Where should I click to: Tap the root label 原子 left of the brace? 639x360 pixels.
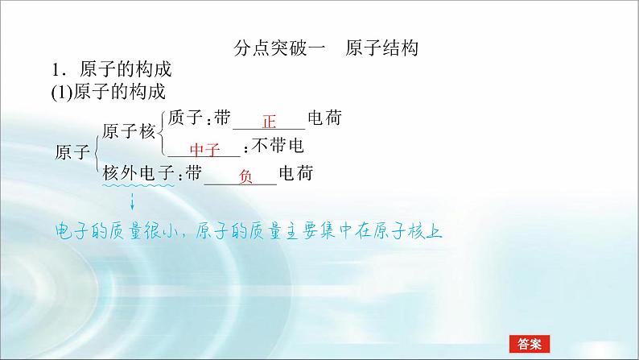point(72,151)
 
